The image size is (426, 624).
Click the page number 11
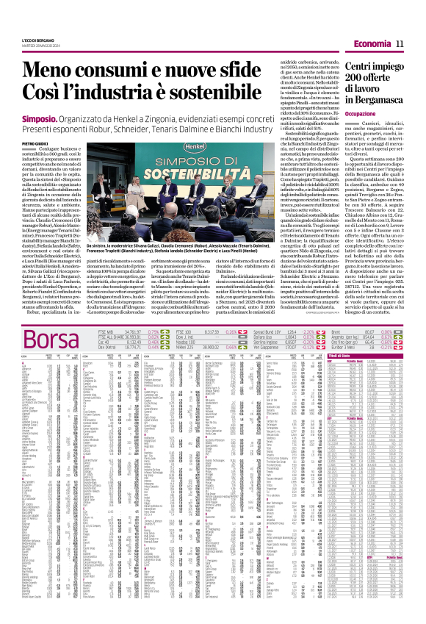point(400,46)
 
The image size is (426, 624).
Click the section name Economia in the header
point(372,46)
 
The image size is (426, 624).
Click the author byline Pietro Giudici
point(34,143)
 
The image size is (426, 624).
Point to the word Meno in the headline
point(52,70)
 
